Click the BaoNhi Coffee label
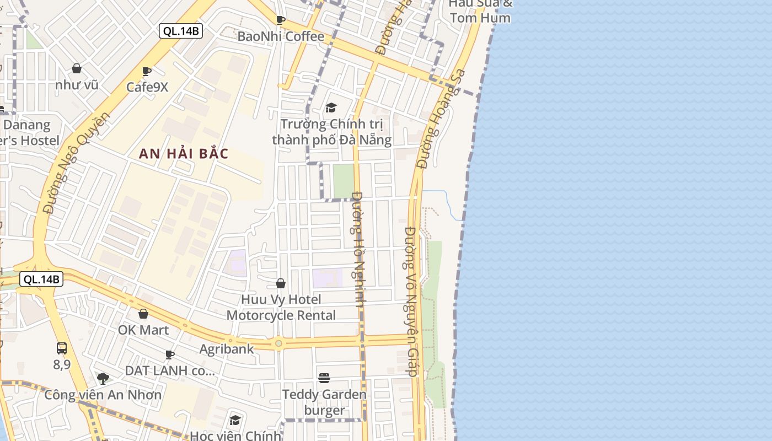point(281,36)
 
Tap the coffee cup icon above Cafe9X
point(147,72)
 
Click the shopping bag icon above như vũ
point(77,69)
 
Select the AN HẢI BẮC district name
point(184,154)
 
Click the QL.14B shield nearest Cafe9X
point(181,31)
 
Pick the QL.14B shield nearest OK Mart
point(41,279)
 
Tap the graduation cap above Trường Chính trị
point(331,107)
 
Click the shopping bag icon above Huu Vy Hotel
point(281,284)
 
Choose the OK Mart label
point(143,330)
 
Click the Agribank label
point(227,349)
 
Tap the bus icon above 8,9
point(62,348)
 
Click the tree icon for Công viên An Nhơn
point(103,379)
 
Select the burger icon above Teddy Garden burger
point(324,378)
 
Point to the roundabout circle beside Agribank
point(278,343)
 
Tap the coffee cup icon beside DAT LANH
point(170,354)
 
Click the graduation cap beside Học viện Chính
point(235,421)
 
